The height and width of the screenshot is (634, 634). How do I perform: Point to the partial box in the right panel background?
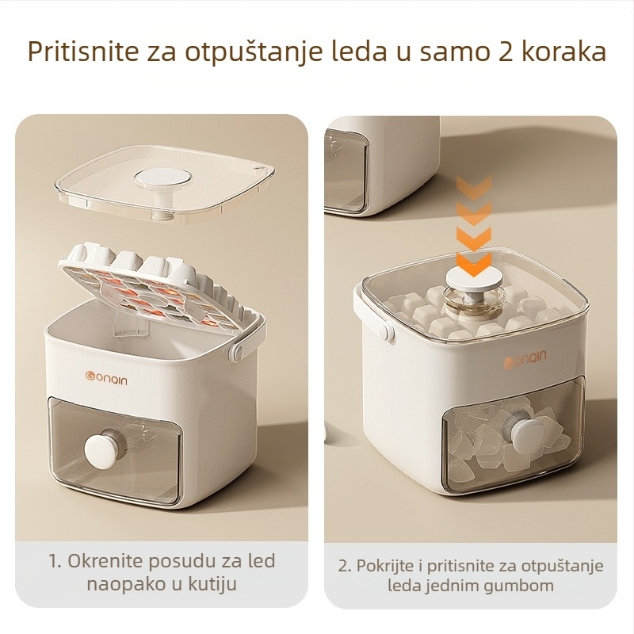pos(380,166)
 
